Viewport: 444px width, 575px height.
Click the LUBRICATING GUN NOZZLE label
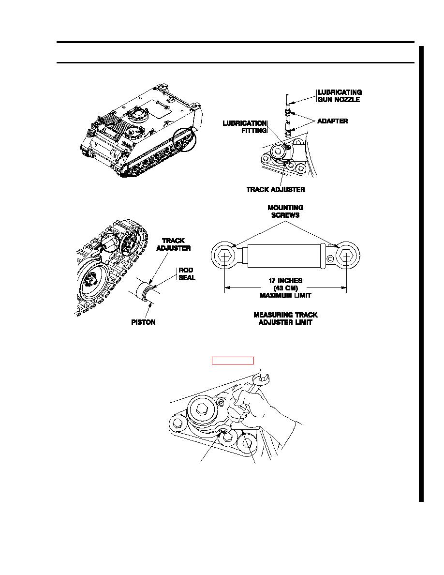tap(340, 96)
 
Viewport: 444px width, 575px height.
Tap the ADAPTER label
tap(332, 121)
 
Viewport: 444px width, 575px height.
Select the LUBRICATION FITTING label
tap(245, 127)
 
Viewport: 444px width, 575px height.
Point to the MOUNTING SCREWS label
tap(285, 211)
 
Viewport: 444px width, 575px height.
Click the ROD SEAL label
tap(187, 274)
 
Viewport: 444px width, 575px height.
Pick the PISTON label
tap(143, 322)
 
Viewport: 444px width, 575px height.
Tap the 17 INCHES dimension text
tap(285, 281)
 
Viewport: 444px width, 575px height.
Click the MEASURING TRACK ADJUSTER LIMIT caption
tap(285, 318)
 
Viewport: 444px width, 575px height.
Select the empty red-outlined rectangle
tap(233, 360)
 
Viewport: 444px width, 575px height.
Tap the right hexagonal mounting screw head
tap(346, 256)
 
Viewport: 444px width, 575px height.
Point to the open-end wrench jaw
tap(264, 378)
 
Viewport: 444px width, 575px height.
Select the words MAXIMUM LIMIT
tap(285, 295)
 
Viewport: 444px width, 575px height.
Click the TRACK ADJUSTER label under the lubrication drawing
tap(276, 190)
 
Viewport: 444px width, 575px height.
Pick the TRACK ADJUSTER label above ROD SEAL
tap(173, 244)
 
